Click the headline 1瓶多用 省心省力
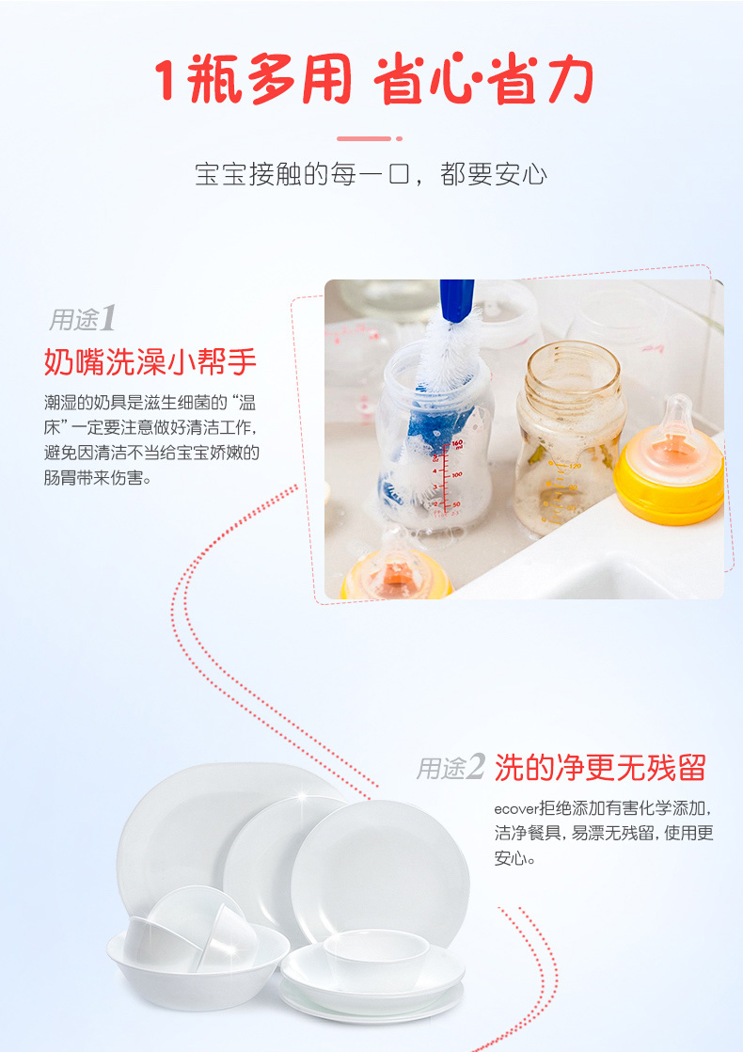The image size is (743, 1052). [x=372, y=80]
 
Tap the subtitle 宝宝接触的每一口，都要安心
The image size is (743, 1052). [x=371, y=174]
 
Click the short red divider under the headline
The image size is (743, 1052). [x=370, y=139]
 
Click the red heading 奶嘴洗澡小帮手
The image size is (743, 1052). [x=150, y=361]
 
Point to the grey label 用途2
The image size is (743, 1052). [x=450, y=767]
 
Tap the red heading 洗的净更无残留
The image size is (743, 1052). [x=600, y=768]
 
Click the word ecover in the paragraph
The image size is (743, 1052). [x=516, y=809]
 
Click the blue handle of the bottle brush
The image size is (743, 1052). [x=457, y=299]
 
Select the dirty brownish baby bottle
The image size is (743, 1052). [x=569, y=436]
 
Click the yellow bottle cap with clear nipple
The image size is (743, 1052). [x=671, y=463]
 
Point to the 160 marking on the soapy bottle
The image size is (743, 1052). [x=456, y=444]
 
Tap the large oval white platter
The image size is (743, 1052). [x=221, y=832]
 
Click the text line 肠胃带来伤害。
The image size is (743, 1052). [x=99, y=478]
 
